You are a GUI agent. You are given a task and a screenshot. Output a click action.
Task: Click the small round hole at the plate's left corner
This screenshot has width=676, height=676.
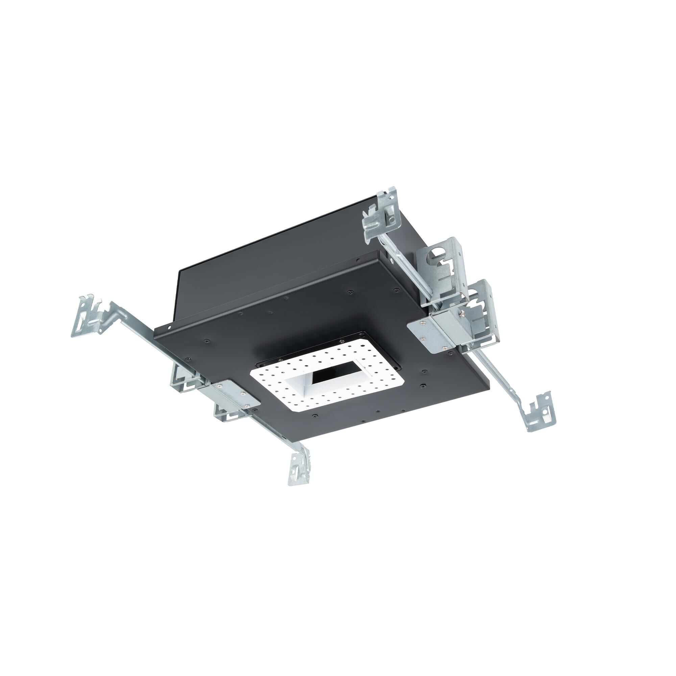click(169, 328)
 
